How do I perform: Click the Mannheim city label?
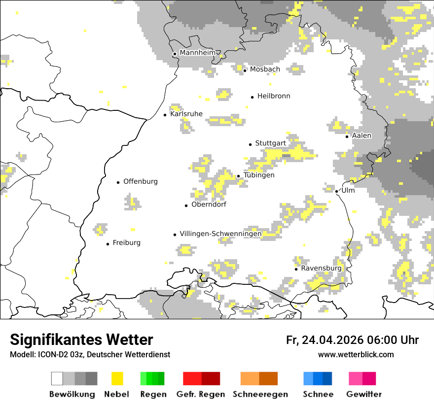coord(197,53)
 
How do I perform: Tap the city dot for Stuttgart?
coord(250,144)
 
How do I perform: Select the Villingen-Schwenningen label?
coord(220,234)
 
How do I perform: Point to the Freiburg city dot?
coord(108,244)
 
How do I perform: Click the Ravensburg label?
coord(321,269)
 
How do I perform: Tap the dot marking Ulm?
coord(336,192)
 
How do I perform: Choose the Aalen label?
coord(362,136)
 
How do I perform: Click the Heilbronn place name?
coord(274,96)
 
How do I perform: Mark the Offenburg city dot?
coord(118,182)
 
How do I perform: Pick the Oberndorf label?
coord(209,204)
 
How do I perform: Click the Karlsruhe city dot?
coord(165,115)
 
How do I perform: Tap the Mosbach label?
coord(265,69)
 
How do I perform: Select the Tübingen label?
coord(259,175)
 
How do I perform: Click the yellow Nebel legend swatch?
coord(117,378)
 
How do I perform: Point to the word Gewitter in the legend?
coord(364,394)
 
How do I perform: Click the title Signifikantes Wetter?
coord(81,340)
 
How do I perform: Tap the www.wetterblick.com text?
coord(356,355)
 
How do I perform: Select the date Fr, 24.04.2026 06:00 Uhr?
coord(352,340)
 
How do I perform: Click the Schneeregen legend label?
coord(260,394)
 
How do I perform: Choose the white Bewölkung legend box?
coord(57,378)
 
